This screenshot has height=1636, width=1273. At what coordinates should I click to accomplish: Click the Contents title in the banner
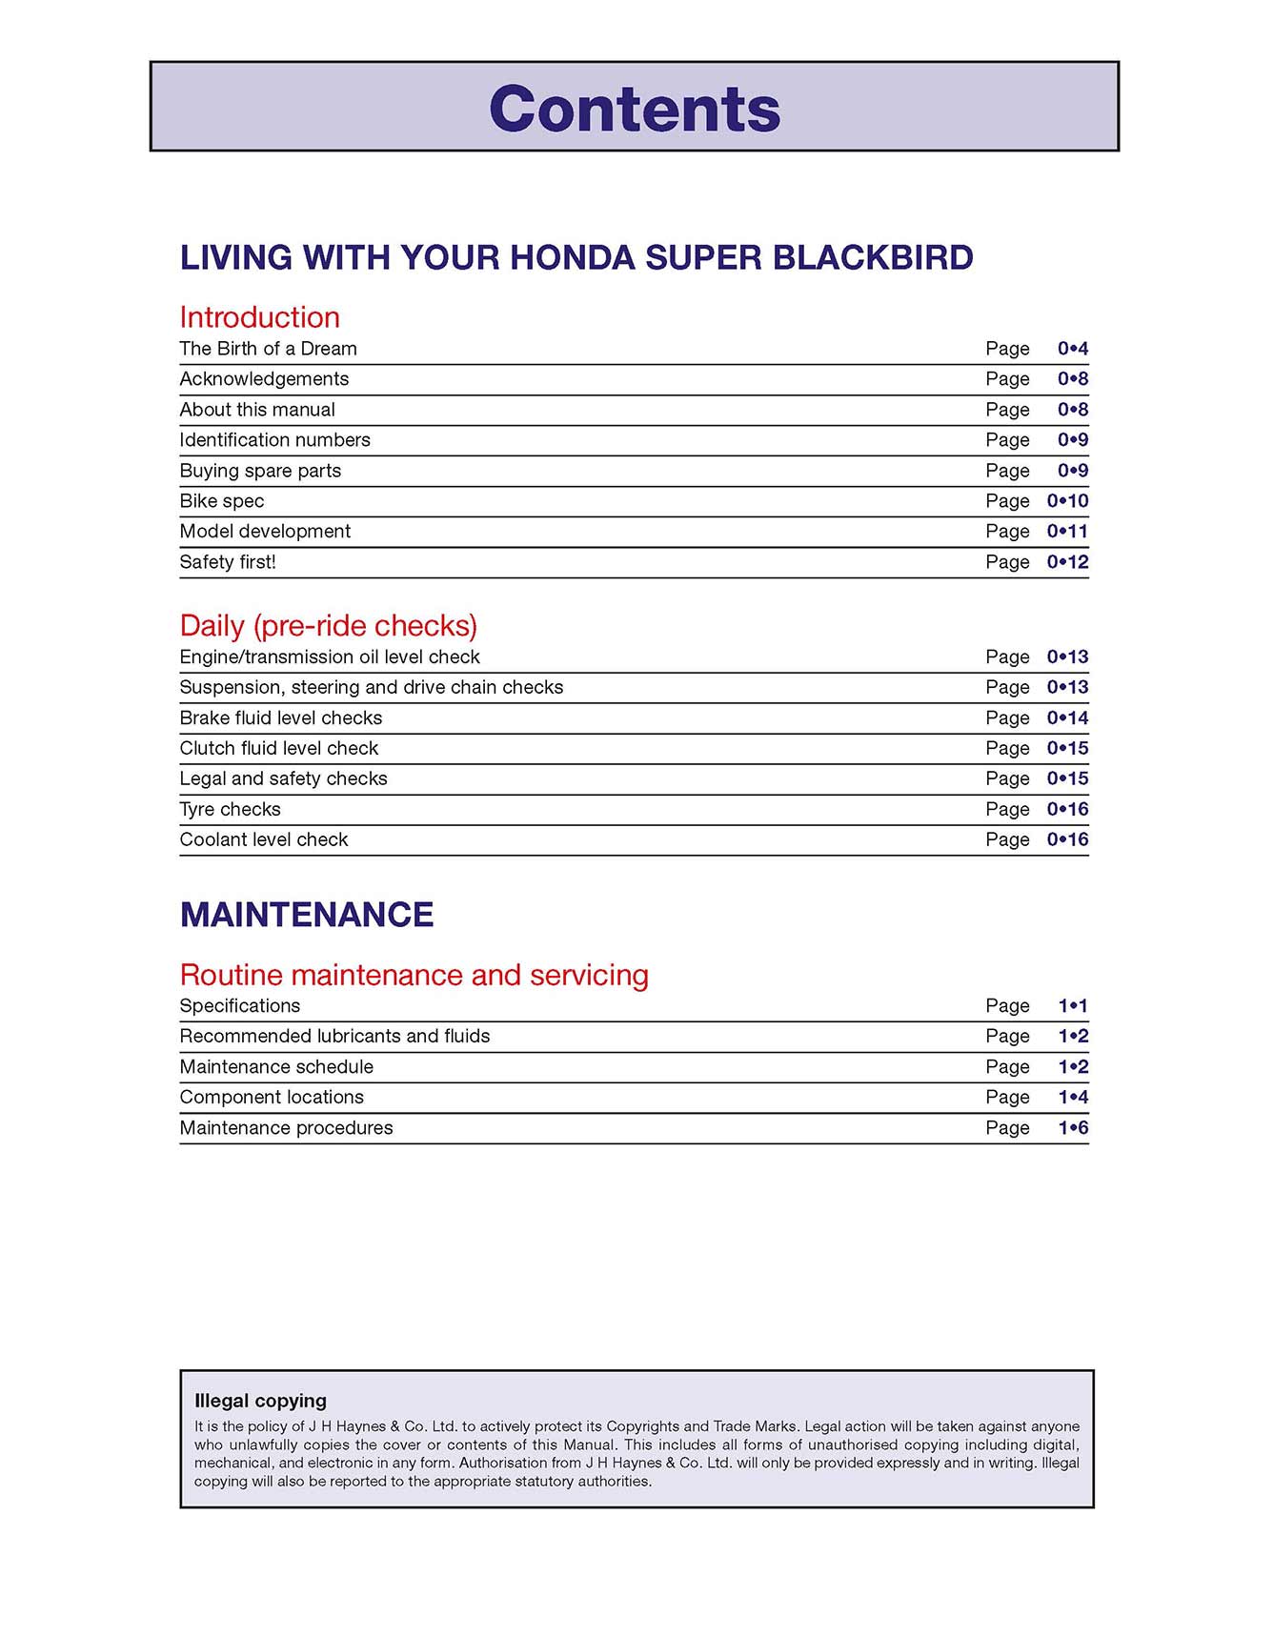tap(635, 109)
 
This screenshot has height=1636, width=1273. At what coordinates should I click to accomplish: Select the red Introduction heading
tap(259, 317)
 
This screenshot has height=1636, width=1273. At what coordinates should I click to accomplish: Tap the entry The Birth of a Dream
tap(268, 349)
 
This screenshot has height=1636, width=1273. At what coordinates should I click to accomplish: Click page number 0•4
tap(1072, 349)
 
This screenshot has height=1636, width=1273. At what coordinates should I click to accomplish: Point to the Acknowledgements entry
tap(264, 379)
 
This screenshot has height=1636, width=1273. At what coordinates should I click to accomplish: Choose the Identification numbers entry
tap(274, 440)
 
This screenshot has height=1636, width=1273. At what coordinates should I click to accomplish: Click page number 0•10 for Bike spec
tap(1067, 501)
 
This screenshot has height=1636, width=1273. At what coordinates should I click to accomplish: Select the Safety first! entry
tap(228, 562)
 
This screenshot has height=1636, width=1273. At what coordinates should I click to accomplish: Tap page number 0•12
tap(1067, 562)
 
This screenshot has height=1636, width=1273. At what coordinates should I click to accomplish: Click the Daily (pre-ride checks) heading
tap(328, 626)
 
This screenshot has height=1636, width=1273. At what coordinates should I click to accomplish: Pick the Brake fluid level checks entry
tap(280, 718)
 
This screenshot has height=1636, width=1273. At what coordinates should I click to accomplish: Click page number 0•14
tap(1067, 718)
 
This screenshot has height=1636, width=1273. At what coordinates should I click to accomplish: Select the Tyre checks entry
tap(230, 810)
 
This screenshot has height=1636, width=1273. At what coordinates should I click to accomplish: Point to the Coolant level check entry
tap(264, 840)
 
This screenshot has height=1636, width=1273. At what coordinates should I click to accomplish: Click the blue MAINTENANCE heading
tap(307, 915)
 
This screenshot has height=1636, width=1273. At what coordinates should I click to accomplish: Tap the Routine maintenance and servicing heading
tap(414, 976)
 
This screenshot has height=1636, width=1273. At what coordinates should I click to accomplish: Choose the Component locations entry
tap(272, 1098)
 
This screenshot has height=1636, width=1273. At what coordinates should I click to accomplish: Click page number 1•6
tap(1073, 1128)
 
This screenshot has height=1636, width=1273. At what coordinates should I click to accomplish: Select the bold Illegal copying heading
tap(260, 1401)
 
